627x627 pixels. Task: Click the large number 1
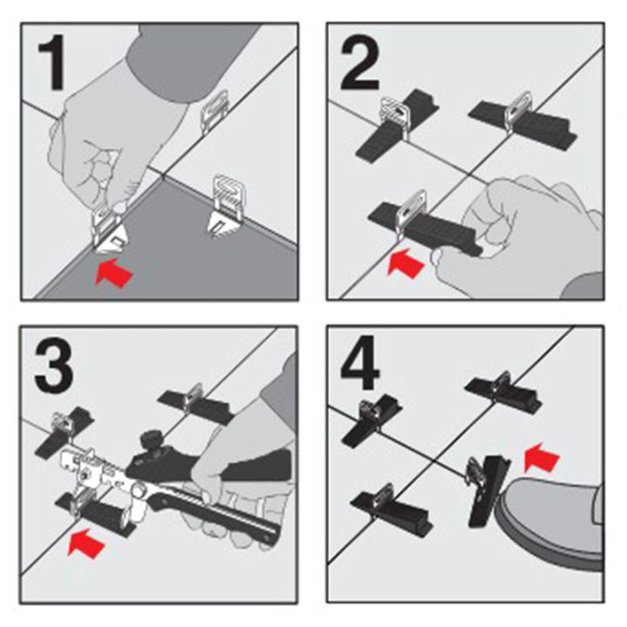(x=51, y=62)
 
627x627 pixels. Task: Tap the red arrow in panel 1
(x=113, y=273)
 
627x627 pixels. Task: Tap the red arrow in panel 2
(x=405, y=262)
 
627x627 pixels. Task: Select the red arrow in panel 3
(x=86, y=542)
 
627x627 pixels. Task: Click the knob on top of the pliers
(x=152, y=438)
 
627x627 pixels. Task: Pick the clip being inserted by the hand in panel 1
(x=111, y=231)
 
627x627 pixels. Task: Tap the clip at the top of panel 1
(x=215, y=113)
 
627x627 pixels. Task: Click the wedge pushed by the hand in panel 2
(x=425, y=228)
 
